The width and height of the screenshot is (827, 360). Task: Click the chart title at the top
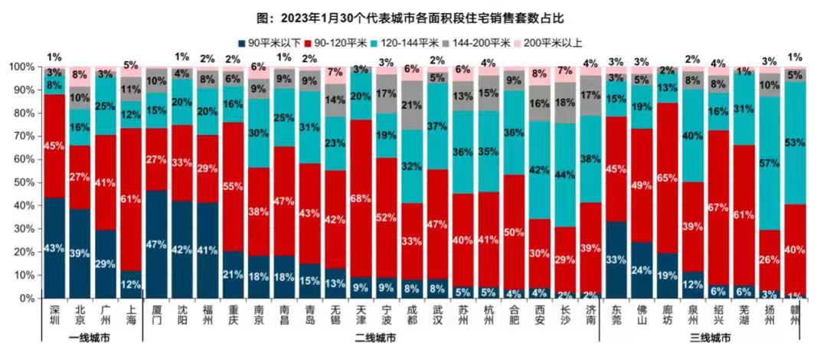[x=414, y=17]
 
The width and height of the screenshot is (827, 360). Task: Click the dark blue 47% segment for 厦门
[x=157, y=244]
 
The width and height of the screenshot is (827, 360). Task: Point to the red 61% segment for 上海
[x=131, y=199]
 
